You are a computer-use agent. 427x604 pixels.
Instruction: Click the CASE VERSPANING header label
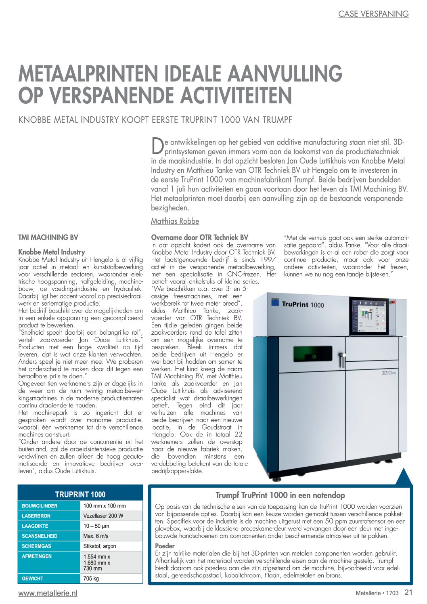tap(373, 14)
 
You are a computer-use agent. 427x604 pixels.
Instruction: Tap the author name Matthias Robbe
tap(175, 221)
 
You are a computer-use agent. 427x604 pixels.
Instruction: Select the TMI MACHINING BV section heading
tap(48, 237)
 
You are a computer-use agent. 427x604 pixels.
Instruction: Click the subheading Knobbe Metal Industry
tap(52, 252)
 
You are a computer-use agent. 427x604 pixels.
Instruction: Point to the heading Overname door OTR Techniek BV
tap(199, 237)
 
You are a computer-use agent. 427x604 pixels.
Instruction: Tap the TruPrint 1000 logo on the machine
tap(303, 304)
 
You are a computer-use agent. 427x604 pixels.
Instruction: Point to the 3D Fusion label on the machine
tap(388, 373)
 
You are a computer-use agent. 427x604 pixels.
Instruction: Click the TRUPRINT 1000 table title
tap(80, 494)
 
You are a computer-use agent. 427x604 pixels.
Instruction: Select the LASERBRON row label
tap(36, 516)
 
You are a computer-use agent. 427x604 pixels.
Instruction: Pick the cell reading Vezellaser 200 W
tap(103, 516)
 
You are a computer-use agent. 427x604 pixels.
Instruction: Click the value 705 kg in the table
tap(91, 579)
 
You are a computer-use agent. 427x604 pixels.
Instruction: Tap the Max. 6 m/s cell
tap(96, 536)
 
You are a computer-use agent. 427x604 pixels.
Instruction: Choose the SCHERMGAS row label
tap(37, 546)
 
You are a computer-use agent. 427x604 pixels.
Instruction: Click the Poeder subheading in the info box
tap(165, 546)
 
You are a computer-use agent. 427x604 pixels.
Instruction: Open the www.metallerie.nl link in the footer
tap(48, 593)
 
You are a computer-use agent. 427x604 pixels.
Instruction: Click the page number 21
tap(408, 592)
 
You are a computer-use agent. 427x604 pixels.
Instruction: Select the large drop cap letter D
tap(157, 146)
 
